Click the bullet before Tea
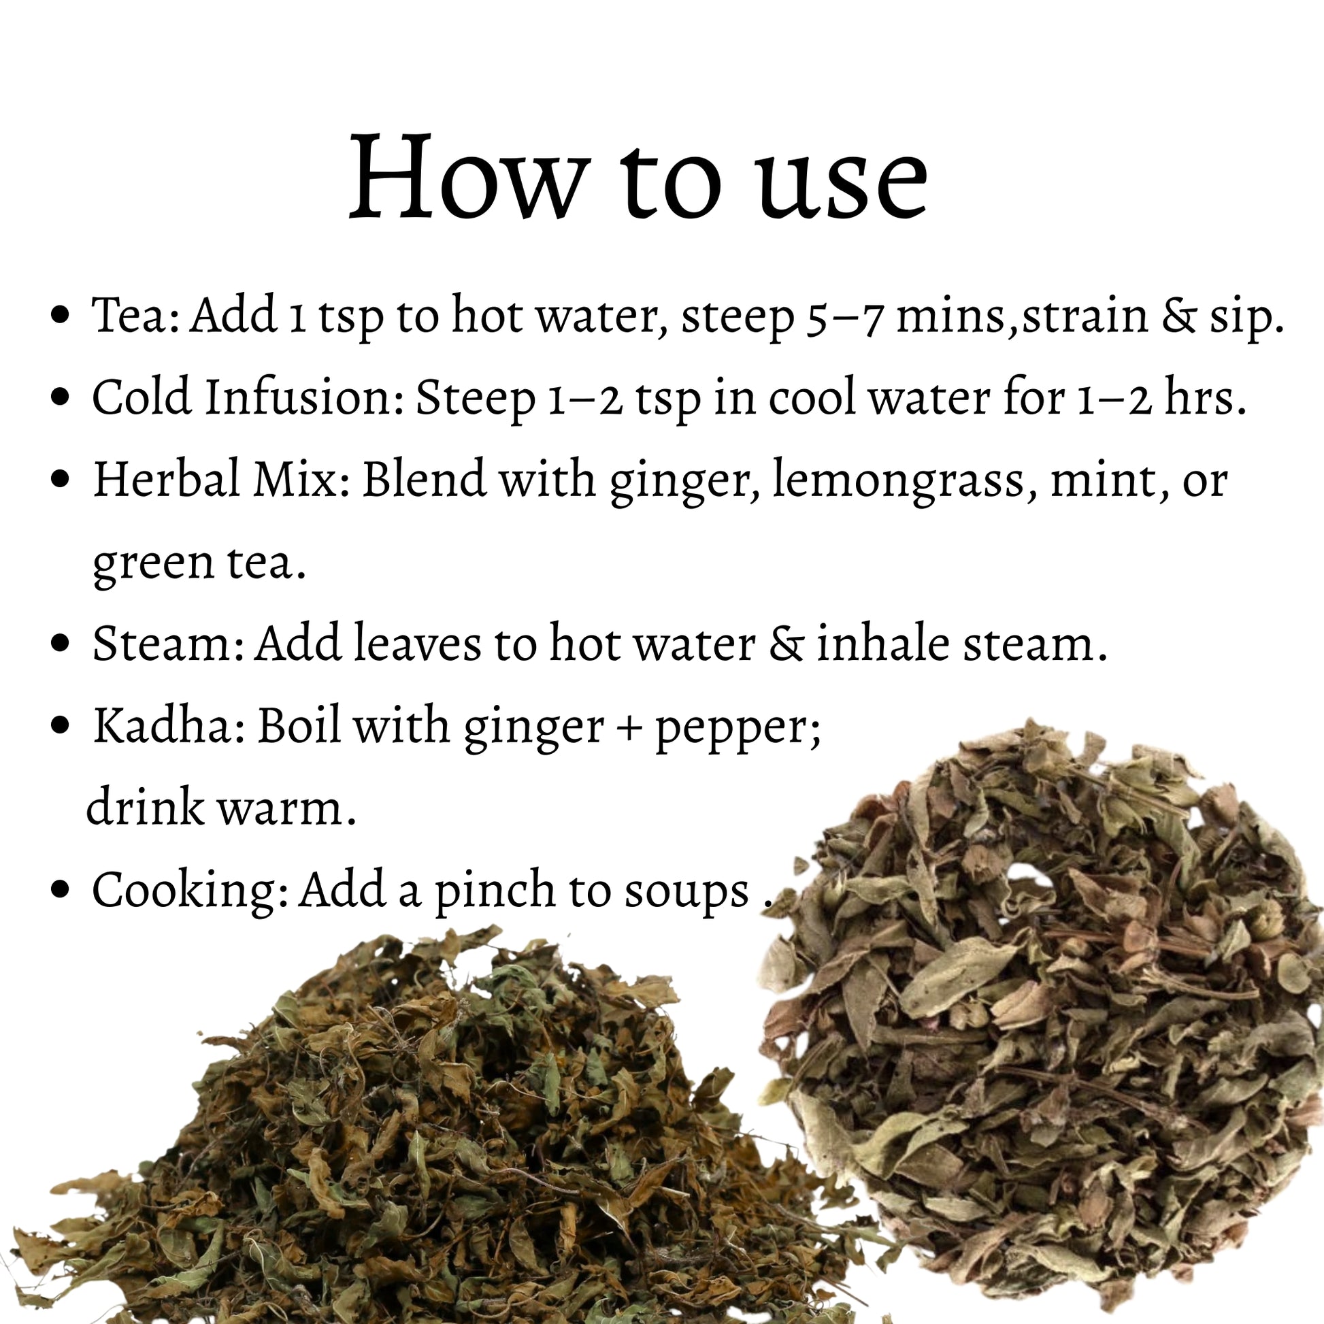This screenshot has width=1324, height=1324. pyautogui.click(x=61, y=316)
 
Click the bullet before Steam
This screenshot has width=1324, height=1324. pyautogui.click(x=61, y=644)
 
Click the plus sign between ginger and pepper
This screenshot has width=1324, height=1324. pyautogui.click(x=629, y=729)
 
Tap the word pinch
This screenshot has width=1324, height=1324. pyautogui.click(x=494, y=891)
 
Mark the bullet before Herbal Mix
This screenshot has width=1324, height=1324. pyautogui.click(x=61, y=480)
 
